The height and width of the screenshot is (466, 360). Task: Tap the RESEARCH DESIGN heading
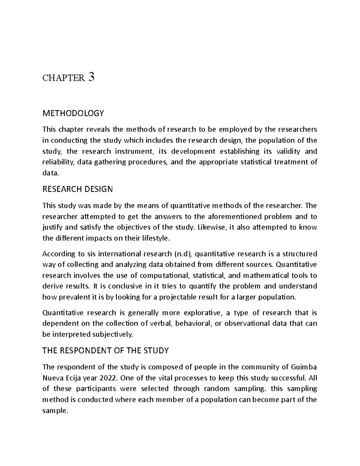[78, 189]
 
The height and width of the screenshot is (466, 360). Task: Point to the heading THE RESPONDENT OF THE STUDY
[106, 350]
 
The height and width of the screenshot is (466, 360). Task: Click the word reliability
[58, 162]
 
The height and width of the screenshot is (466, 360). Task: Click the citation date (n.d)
[184, 254]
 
